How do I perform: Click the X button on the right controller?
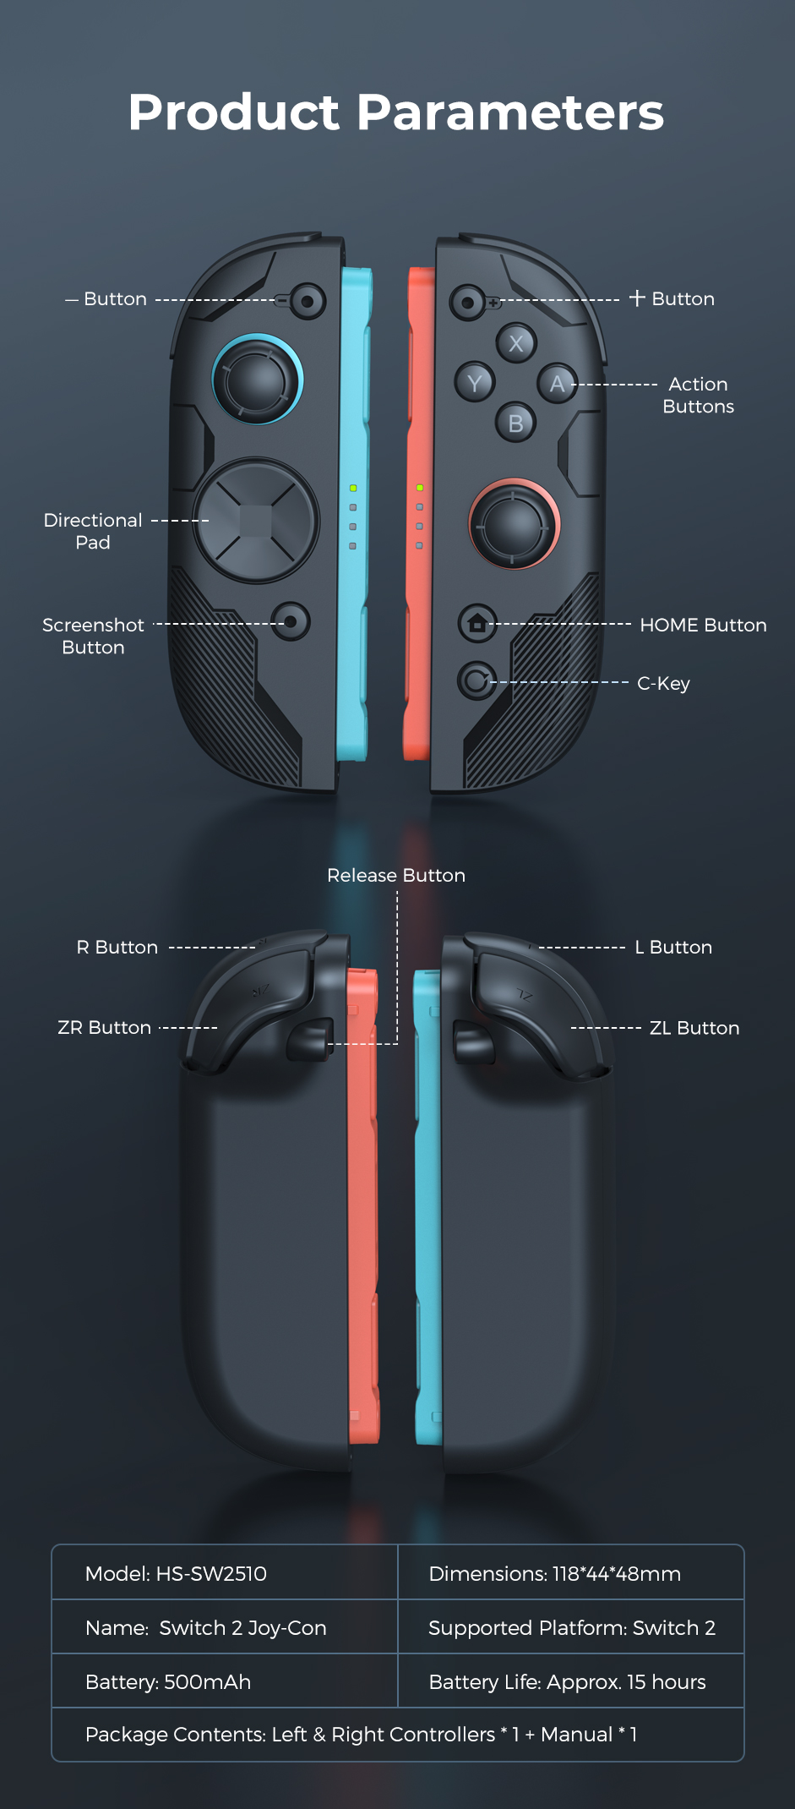coord(516,343)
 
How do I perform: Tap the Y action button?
coord(475,383)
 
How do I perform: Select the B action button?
coord(515,423)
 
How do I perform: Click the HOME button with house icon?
coord(477,624)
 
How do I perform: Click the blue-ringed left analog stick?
coord(257,380)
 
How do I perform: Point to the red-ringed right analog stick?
coord(514,524)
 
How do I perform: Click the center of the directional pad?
coord(256,521)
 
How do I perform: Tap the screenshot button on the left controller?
coord(291,621)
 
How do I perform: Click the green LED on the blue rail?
coord(353,489)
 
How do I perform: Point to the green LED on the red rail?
coord(420,488)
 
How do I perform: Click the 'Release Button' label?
coord(396,875)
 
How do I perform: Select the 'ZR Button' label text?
coord(104,1028)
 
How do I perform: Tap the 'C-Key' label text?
coord(663,683)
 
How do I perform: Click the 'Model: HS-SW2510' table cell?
coord(225,1572)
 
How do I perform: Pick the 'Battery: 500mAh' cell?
coord(225,1681)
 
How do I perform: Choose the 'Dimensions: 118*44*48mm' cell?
coord(571,1572)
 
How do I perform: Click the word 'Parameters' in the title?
coord(510,112)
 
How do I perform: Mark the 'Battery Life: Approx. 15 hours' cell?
coord(571,1681)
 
